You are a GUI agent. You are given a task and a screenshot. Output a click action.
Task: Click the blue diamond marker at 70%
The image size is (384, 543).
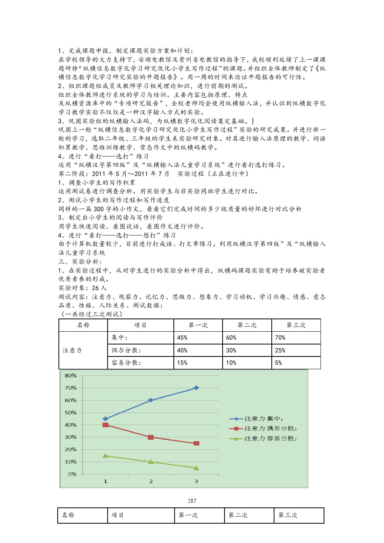tap(196, 388)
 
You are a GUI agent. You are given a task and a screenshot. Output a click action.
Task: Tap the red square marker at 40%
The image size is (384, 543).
tap(105, 425)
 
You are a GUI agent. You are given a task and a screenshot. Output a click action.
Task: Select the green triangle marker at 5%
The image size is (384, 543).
tap(196, 468)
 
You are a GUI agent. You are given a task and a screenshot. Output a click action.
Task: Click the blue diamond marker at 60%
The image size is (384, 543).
tap(151, 400)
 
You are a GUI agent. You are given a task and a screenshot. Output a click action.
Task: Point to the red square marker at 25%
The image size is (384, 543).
tap(196, 443)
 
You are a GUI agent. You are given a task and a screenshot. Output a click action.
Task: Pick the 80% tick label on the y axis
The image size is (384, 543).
tap(71, 375)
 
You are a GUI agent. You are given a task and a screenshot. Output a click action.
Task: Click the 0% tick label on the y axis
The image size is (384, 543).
tap(72, 474)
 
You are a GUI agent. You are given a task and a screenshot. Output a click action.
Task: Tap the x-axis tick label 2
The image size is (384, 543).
tap(151, 481)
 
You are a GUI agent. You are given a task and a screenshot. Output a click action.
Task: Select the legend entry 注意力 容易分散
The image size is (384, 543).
tap(270, 439)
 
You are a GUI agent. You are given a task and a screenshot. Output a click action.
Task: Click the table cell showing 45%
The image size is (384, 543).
tap(182, 338)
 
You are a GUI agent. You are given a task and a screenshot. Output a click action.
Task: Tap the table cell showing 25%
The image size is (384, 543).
tap(280, 350)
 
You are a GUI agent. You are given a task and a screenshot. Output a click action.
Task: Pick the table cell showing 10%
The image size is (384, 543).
tap(231, 363)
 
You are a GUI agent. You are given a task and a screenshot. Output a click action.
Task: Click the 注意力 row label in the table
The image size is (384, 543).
tap(72, 350)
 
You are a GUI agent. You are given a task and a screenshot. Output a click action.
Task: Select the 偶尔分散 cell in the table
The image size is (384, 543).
tap(126, 350)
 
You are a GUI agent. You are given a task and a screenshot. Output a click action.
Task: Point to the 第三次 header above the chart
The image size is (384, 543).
tap(296, 325)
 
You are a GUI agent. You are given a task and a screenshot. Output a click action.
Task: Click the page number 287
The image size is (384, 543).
tap(192, 501)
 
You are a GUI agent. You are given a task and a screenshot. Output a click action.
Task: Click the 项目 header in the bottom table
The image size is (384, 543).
tap(117, 515)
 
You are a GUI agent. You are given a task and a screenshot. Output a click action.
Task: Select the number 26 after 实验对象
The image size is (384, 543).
tap(95, 288)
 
